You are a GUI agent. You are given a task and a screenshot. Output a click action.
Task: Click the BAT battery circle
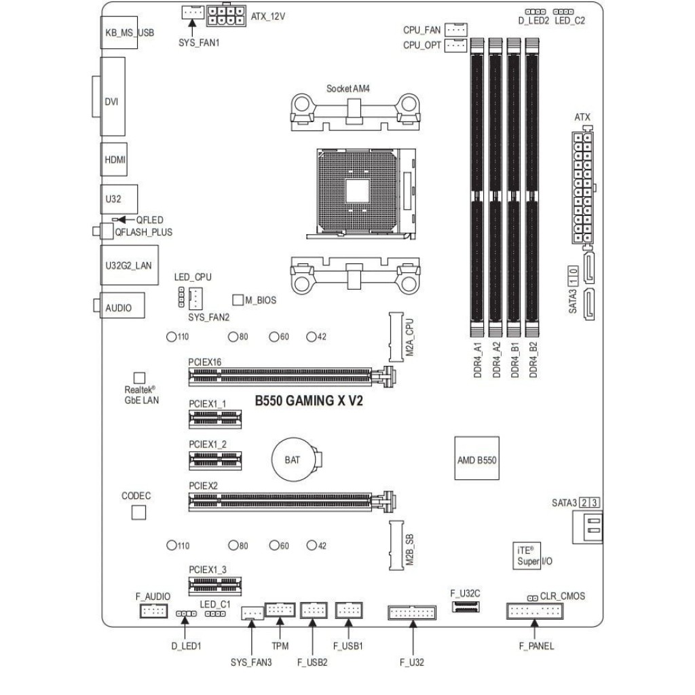pos(293,459)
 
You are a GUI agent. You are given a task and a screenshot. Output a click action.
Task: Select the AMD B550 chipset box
pos(476,459)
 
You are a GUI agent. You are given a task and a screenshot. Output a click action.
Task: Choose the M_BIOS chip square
pos(238,299)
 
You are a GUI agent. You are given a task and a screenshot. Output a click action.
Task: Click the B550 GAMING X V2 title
pos(309,401)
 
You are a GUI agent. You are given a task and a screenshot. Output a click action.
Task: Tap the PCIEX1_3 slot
pos(215,584)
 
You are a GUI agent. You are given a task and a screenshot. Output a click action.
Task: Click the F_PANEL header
pos(535,612)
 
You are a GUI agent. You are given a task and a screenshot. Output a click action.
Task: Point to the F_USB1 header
pos(349,611)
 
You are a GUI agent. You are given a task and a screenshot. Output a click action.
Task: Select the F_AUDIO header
pos(153,612)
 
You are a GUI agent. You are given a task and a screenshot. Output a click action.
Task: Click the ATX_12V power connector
pos(227,16)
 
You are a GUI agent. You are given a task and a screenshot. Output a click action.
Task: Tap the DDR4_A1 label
pos(478,360)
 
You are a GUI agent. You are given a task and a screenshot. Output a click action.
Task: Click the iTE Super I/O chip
pos(526,555)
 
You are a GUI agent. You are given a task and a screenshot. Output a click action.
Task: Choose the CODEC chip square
pos(138,512)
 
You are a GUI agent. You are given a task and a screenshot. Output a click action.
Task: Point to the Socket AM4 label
pos(347,89)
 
